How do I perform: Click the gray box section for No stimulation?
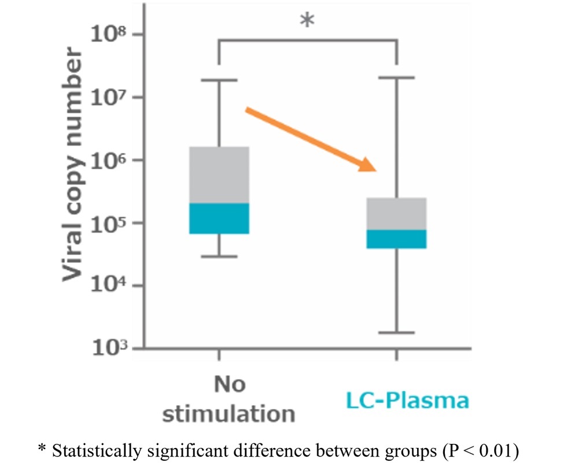tap(219, 175)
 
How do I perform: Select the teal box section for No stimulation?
tap(219, 218)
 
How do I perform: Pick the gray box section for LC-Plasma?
tap(396, 214)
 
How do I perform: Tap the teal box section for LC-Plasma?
tap(396, 239)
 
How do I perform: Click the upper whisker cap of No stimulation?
tap(219, 80)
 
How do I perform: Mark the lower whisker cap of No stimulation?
tap(219, 256)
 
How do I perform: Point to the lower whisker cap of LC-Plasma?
tap(396, 333)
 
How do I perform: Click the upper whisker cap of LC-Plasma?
tap(396, 77)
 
